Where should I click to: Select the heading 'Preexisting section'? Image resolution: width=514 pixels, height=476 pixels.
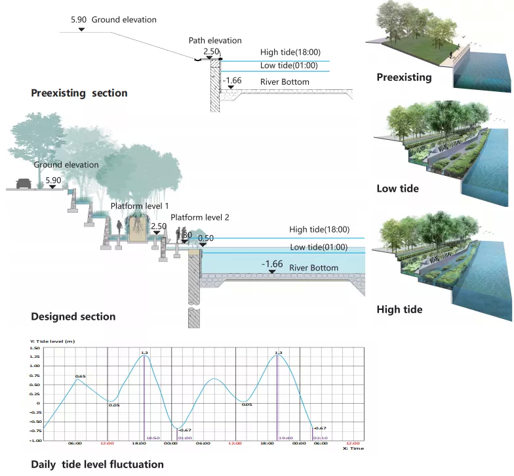(x=79, y=93)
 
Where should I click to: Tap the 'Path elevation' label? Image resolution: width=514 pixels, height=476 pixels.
(x=215, y=41)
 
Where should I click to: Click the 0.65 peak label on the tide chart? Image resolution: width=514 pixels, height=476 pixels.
(x=80, y=376)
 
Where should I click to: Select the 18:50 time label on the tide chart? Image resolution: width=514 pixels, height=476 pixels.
(x=153, y=437)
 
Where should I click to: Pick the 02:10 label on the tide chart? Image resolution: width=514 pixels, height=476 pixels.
(x=321, y=437)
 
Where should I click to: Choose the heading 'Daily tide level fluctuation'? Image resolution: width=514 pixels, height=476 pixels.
(x=97, y=464)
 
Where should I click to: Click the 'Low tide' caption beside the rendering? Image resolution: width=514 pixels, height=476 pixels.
(x=397, y=189)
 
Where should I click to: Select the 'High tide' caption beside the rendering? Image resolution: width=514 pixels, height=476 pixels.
(x=399, y=309)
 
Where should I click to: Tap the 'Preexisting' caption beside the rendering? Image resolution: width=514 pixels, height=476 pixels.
(x=404, y=77)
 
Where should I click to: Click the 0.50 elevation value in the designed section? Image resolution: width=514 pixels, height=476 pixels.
(x=206, y=238)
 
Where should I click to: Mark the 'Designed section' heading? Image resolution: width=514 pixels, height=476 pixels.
(x=73, y=316)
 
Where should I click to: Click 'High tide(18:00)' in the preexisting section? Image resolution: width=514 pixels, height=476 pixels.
(x=290, y=53)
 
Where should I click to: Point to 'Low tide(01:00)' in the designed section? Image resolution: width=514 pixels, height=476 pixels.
(x=319, y=248)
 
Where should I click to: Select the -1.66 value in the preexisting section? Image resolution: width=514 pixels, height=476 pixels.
(x=233, y=81)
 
